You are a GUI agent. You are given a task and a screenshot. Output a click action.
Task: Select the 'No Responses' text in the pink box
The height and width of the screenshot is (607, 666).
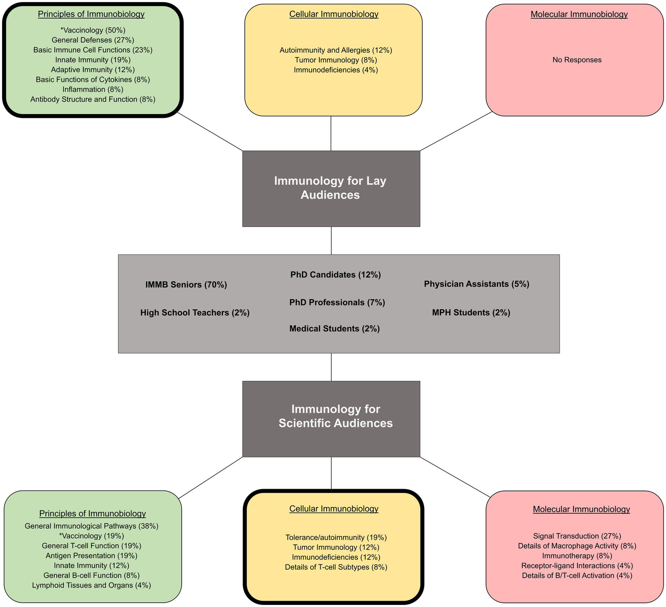(577, 60)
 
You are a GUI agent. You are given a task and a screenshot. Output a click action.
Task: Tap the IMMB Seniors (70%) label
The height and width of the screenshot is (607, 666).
(186, 285)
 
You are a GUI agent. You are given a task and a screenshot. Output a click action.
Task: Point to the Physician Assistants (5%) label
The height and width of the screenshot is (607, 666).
(476, 284)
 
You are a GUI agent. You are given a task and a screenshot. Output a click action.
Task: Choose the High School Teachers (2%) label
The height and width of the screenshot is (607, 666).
(195, 313)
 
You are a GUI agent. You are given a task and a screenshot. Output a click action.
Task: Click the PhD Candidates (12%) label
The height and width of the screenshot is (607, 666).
(335, 274)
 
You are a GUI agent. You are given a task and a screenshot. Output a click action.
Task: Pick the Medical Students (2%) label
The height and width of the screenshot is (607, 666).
(335, 329)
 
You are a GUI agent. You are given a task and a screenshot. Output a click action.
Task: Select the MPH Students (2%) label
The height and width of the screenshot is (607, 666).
(471, 313)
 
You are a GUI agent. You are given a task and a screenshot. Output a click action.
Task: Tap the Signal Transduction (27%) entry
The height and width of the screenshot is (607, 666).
(577, 536)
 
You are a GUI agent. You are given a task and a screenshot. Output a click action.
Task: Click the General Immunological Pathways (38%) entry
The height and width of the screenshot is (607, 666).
(92, 526)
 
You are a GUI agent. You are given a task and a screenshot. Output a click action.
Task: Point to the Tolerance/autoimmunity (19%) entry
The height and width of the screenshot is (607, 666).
(336, 537)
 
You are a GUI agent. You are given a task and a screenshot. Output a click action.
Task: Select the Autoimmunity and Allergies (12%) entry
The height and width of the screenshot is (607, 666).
(336, 50)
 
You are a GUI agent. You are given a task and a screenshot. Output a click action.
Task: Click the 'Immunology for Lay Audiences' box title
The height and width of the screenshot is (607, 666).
(331, 188)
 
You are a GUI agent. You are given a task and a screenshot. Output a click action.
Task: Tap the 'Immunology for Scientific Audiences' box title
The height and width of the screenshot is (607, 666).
(335, 416)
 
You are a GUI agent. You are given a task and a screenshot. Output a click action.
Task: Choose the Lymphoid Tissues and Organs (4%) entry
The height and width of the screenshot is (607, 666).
(92, 585)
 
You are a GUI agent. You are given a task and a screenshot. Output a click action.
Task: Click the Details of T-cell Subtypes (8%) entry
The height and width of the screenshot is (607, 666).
(336, 567)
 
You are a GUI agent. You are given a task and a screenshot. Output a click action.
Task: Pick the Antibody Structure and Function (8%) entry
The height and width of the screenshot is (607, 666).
(93, 99)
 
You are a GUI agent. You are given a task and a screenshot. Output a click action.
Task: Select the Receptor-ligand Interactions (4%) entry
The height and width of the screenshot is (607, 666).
(577, 565)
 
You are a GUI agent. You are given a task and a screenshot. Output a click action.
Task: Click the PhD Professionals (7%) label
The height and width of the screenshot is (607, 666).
(337, 302)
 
